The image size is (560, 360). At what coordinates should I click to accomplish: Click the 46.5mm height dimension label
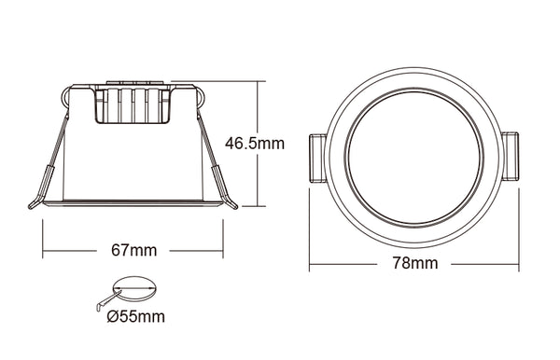pos(255,144)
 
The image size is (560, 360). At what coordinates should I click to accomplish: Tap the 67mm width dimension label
pos(133,251)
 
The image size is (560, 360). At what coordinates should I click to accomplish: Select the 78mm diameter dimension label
pos(415,263)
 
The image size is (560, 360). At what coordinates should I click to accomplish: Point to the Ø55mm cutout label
pos(136,316)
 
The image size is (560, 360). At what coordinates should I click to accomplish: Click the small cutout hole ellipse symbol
pos(134,288)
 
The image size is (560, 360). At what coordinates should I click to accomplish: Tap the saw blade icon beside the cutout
pos(108,300)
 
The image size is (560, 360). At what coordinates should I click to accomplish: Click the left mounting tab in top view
pos(317,158)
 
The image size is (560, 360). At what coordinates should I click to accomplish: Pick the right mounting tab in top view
pos(511,156)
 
